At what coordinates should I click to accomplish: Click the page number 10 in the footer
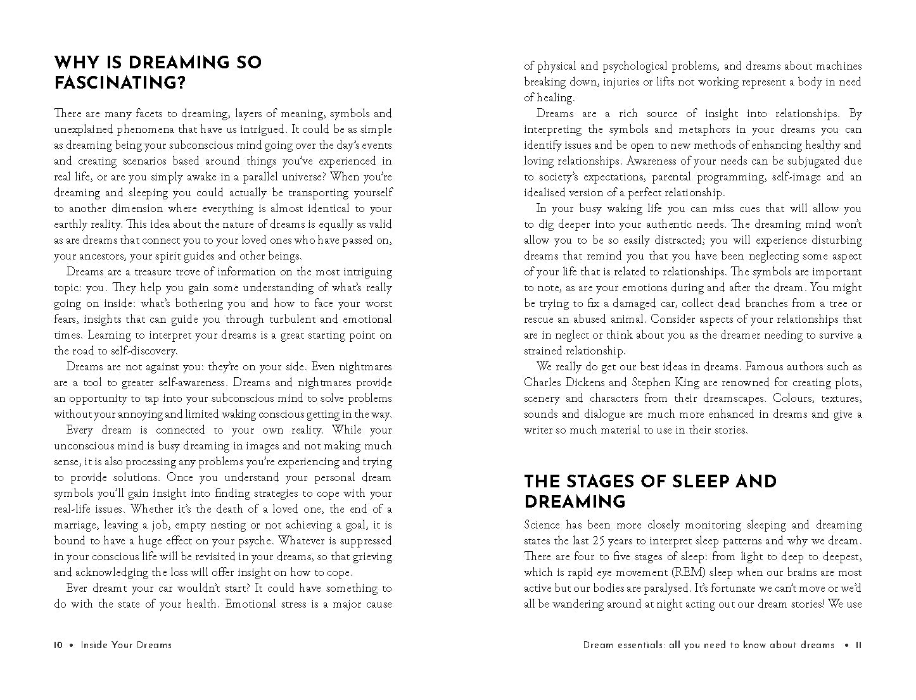58,646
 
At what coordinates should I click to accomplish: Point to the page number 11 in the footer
858,646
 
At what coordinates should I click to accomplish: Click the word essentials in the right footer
644,646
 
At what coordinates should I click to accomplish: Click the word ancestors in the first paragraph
103,256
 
